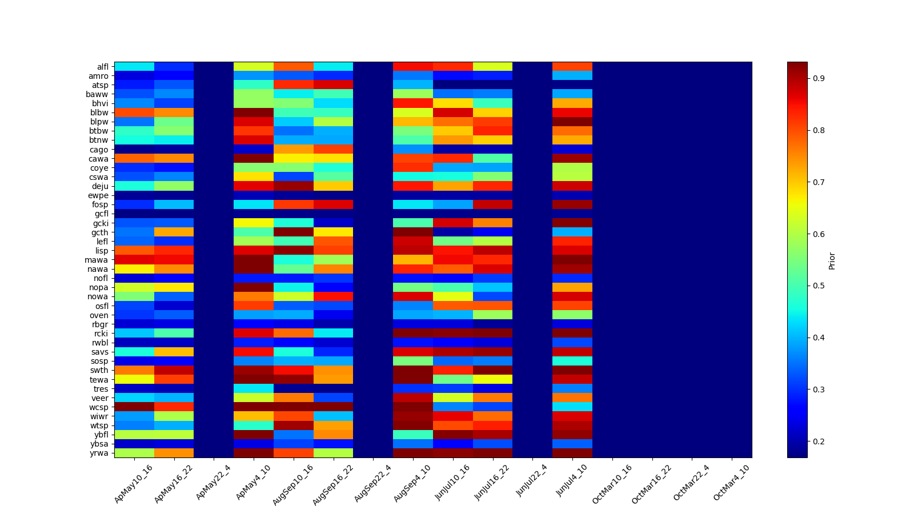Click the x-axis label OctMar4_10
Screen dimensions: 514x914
coord(732,483)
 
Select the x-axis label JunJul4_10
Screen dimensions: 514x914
coord(572,483)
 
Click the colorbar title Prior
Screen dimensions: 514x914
coord(832,260)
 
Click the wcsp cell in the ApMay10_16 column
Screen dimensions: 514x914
coord(134,407)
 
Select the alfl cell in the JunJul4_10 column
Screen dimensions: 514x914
coord(572,66)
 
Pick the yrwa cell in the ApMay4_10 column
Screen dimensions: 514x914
coord(254,453)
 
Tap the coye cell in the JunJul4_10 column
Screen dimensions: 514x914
coord(572,168)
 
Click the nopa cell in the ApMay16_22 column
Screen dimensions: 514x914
coord(174,287)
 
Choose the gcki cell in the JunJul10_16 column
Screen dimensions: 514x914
coord(453,223)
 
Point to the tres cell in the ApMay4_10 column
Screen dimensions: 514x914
coord(254,388)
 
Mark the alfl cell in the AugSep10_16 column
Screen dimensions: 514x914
coord(294,66)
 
